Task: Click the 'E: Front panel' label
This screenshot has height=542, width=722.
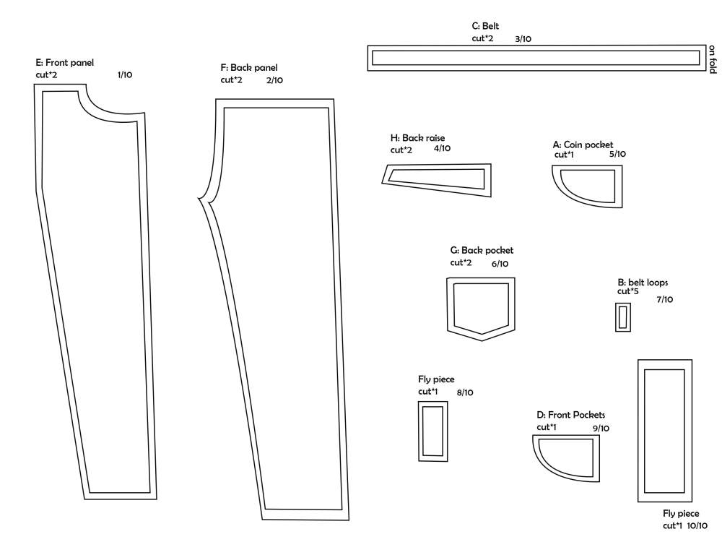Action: click(x=64, y=63)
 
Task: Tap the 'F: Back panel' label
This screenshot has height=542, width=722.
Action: click(x=249, y=67)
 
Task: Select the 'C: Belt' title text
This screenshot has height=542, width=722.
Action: click(x=485, y=26)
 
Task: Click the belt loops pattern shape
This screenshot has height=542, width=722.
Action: click(x=623, y=317)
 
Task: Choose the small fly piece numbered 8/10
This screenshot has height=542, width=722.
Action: click(x=432, y=430)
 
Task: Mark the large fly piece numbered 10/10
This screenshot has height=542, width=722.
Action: click(x=665, y=430)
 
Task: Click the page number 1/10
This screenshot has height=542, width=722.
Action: click(x=124, y=74)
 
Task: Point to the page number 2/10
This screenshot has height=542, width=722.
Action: click(x=274, y=80)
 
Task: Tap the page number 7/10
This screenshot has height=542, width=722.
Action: click(x=665, y=299)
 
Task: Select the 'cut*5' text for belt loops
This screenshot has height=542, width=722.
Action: click(x=627, y=291)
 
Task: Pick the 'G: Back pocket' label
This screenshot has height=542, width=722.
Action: click(x=482, y=250)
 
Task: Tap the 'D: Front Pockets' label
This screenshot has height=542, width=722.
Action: click(x=570, y=415)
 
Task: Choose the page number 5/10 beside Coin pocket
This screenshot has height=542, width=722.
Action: click(x=617, y=154)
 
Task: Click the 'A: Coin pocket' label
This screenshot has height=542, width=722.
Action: click(x=583, y=145)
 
